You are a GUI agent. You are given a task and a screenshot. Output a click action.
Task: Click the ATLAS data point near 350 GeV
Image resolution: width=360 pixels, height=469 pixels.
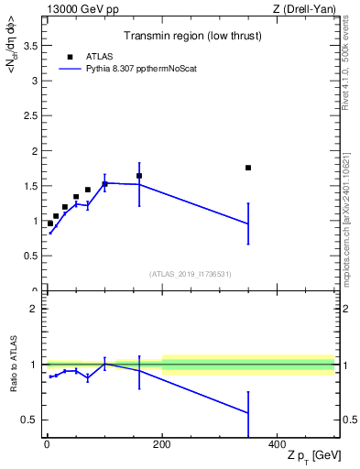tap(248, 168)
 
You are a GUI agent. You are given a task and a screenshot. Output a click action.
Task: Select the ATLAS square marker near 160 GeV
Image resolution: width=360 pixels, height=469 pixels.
tap(139, 176)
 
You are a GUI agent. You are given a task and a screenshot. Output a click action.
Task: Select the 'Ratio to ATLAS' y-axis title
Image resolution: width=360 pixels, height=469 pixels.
tap(14, 365)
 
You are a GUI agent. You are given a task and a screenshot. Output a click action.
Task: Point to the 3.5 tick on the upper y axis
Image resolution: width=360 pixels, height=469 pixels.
tap(32, 45)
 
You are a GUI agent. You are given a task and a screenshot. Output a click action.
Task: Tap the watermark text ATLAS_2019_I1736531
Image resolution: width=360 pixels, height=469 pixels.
tap(191, 273)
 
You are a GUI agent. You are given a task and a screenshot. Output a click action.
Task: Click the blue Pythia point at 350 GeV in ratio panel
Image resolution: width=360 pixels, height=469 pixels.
tap(248, 413)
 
